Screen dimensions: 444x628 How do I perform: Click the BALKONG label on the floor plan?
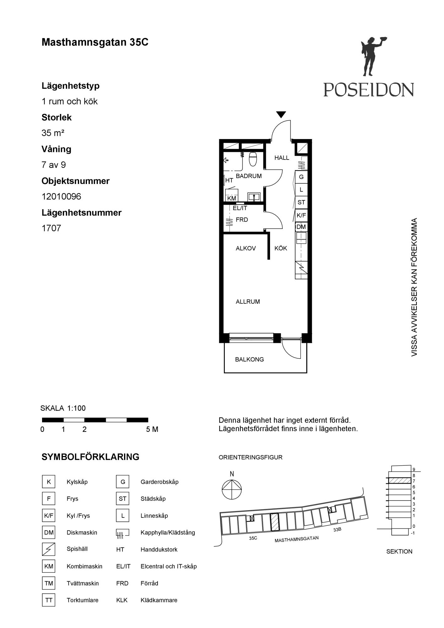(249, 360)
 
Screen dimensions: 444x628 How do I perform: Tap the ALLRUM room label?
(248, 302)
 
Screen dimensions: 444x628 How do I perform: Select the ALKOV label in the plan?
(246, 248)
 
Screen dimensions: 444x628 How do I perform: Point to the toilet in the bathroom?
(253, 159)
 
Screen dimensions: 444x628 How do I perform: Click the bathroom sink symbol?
(254, 197)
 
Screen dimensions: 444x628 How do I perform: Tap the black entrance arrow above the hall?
(281, 115)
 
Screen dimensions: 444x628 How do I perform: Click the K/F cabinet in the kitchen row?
(301, 215)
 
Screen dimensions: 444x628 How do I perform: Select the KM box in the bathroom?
(231, 198)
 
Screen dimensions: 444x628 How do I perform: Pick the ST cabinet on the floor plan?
(301, 203)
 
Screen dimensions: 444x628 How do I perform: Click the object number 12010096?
(61, 197)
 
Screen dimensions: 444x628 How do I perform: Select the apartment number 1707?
(51, 228)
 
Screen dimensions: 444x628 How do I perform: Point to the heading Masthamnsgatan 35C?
(95, 42)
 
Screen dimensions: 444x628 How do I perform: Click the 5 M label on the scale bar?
(152, 429)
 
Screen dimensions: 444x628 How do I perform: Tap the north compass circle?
(232, 489)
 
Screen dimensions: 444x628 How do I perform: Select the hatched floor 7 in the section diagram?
(400, 480)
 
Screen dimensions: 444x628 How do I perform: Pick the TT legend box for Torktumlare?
(49, 600)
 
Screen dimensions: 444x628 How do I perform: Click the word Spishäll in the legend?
(77, 549)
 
